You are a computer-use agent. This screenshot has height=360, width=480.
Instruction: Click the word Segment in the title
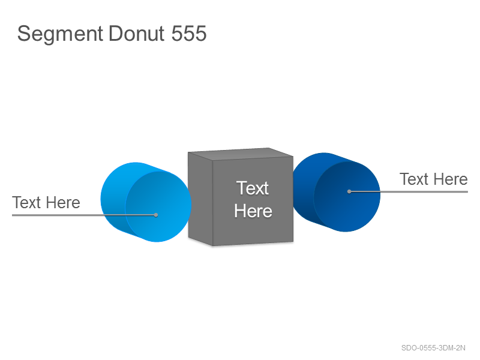60,34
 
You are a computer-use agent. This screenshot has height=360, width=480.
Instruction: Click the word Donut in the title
137,34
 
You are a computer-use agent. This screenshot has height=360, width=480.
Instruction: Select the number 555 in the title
189,34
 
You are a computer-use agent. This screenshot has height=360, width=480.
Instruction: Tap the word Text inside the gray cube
253,188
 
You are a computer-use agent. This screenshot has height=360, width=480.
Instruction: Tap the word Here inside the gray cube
253,211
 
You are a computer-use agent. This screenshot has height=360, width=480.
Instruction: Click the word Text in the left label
26,202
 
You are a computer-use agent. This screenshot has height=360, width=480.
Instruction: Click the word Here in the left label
63,202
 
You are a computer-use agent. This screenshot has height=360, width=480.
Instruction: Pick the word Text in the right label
414,179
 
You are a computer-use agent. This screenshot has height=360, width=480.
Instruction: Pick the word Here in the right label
451,179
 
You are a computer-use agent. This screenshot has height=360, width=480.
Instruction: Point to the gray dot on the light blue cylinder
156,215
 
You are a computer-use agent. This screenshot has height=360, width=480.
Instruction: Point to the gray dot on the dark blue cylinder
349,191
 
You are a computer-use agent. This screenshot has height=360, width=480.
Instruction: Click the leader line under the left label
84,215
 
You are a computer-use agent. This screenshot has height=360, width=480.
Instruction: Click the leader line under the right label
409,191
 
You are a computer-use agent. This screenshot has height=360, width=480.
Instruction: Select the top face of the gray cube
241,154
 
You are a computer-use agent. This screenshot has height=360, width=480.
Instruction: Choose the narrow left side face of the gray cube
200,199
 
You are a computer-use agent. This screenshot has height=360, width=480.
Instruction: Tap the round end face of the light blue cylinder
158,206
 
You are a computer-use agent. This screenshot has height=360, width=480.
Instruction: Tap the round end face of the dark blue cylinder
347,197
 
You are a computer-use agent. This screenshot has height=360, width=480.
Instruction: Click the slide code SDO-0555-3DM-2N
433,348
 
